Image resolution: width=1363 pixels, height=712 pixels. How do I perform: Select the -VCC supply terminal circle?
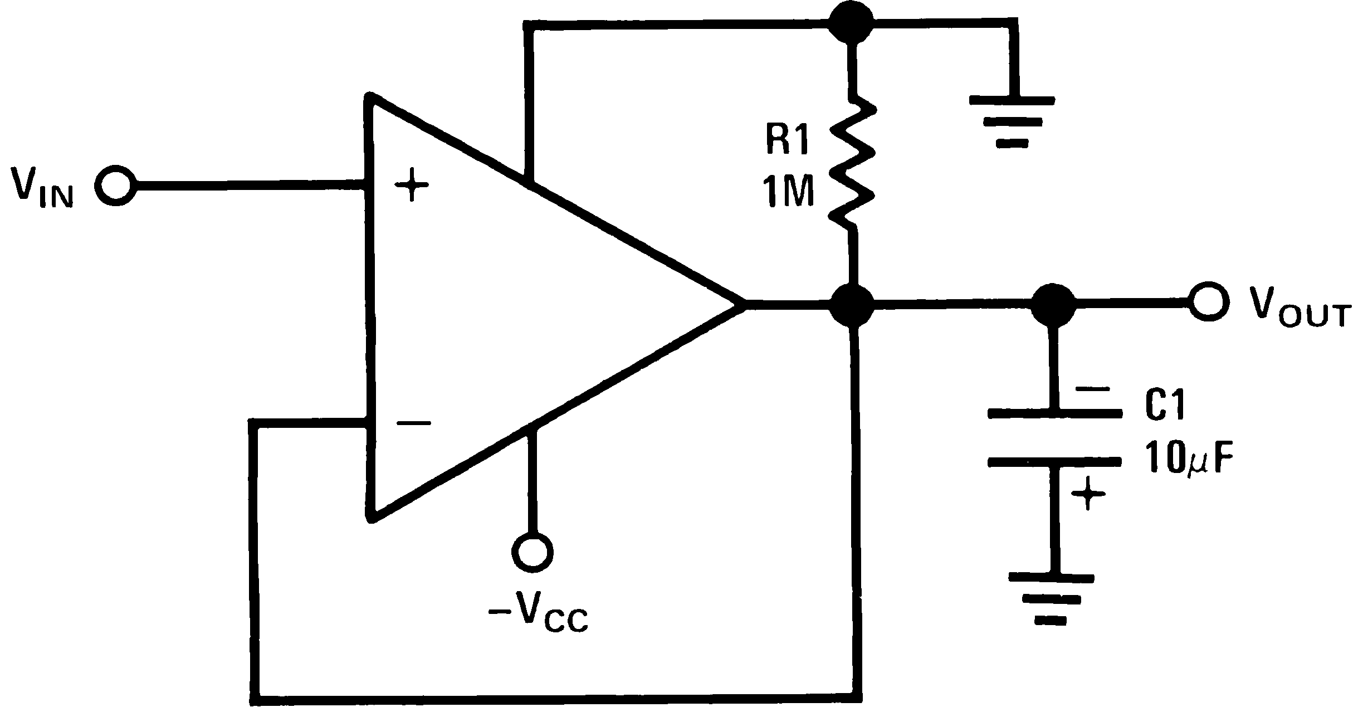coord(533,552)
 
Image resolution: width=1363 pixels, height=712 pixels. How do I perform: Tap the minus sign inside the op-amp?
coord(413,424)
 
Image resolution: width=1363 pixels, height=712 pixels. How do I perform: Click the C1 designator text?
coord(1165,406)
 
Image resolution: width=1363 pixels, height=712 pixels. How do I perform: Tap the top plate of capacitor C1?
coord(1054,413)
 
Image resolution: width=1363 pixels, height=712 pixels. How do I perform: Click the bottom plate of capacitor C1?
coord(1054,462)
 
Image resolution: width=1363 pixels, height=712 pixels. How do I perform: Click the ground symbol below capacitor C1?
coord(1052,599)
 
